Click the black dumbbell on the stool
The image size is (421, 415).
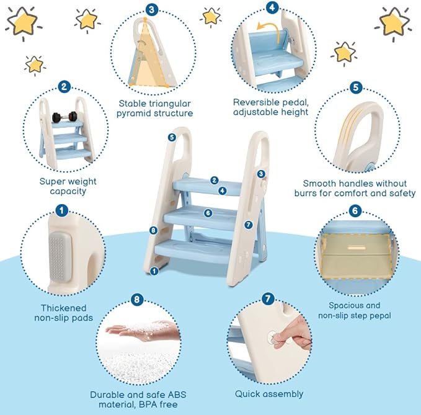[x=63, y=117]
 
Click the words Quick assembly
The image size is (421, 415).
[x=269, y=394]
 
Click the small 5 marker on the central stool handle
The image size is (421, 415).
[x=171, y=136]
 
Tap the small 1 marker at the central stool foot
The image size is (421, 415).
[x=154, y=270]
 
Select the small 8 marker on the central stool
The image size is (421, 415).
[x=154, y=231]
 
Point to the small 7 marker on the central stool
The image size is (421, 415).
[x=248, y=225]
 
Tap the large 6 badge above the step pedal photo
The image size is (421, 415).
[x=355, y=211]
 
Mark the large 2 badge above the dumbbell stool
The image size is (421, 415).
[x=64, y=87]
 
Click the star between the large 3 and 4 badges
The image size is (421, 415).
[x=212, y=16]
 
